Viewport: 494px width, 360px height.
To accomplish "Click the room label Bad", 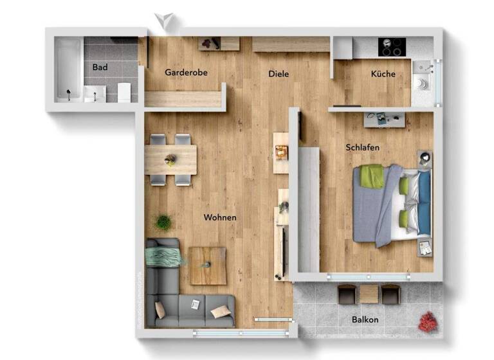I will pyautogui.click(x=99, y=67).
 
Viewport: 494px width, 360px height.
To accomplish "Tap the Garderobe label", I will pyautogui.click(x=186, y=73).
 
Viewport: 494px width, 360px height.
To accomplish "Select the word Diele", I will pyautogui.click(x=279, y=74).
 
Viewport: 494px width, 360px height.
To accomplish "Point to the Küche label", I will pyautogui.click(x=383, y=74).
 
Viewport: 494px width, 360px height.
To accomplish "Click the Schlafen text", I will pyautogui.click(x=362, y=147).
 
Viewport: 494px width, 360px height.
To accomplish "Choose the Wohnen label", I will pyautogui.click(x=220, y=217).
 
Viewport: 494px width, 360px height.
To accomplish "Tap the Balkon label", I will pyautogui.click(x=365, y=319).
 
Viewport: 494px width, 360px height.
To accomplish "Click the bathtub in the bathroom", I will pyautogui.click(x=68, y=69).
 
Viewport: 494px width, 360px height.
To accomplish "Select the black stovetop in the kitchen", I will pyautogui.click(x=392, y=46).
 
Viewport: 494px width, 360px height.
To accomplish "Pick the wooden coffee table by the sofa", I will pyautogui.click(x=207, y=265).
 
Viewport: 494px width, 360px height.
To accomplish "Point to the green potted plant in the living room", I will pyautogui.click(x=164, y=222).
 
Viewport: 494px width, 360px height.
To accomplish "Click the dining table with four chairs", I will pyautogui.click(x=170, y=159).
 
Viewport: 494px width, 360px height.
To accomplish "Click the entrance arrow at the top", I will pyautogui.click(x=165, y=21).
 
